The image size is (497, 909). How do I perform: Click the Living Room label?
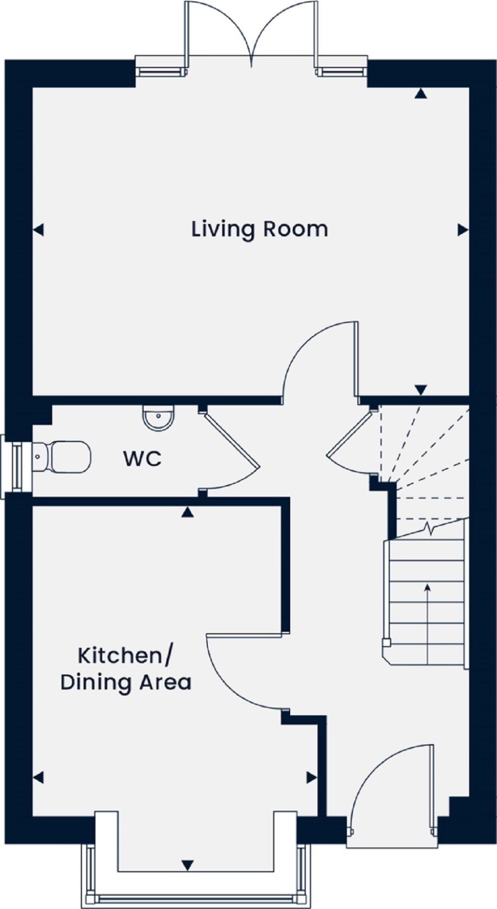260,229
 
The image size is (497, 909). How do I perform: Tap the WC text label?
142,459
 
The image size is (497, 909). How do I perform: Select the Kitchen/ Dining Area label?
126,669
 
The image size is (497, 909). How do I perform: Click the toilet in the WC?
63,456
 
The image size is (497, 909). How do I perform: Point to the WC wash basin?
158,418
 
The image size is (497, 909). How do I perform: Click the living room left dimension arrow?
39,230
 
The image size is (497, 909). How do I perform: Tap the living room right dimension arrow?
463,230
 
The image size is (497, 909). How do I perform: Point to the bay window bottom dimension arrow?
188,865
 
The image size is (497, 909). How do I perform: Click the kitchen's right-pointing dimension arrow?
311,777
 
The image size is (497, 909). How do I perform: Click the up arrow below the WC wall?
187,512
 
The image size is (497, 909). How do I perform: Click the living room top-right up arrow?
421,94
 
